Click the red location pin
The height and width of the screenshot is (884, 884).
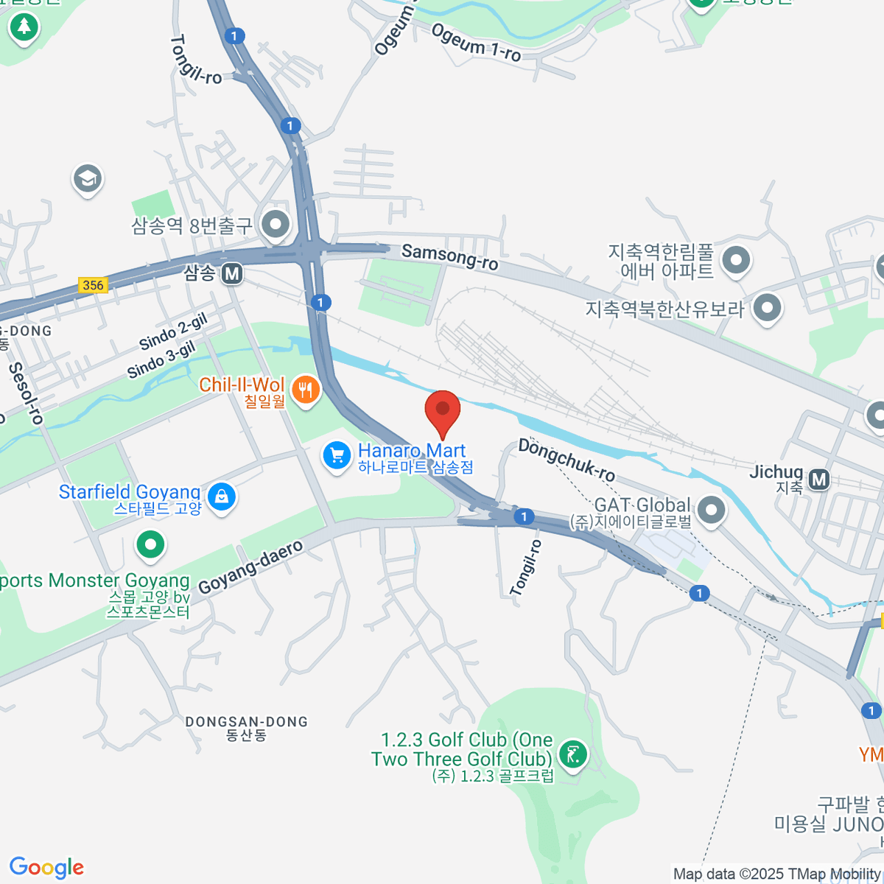tap(443, 410)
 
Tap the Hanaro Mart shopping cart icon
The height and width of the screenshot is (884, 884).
tap(337, 455)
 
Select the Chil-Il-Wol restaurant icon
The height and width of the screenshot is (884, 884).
tap(306, 390)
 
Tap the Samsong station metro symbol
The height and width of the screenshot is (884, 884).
tap(232, 274)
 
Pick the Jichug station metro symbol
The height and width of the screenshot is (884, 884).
tap(818, 480)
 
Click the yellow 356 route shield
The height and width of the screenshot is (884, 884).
tap(93, 285)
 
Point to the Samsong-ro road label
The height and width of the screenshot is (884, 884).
tap(449, 256)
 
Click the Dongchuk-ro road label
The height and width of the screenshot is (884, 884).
tap(566, 459)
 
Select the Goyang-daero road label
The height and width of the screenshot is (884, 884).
tap(251, 566)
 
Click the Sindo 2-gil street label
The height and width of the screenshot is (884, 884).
tap(173, 331)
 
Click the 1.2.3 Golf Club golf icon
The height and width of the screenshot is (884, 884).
tap(573, 753)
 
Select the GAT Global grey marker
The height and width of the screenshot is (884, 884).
tap(711, 509)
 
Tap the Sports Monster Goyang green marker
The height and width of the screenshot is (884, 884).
tap(151, 545)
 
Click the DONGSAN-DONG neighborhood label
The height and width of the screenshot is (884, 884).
tap(246, 722)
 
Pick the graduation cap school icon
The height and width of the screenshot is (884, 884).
tap(88, 178)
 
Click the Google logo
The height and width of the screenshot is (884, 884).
tap(46, 868)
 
